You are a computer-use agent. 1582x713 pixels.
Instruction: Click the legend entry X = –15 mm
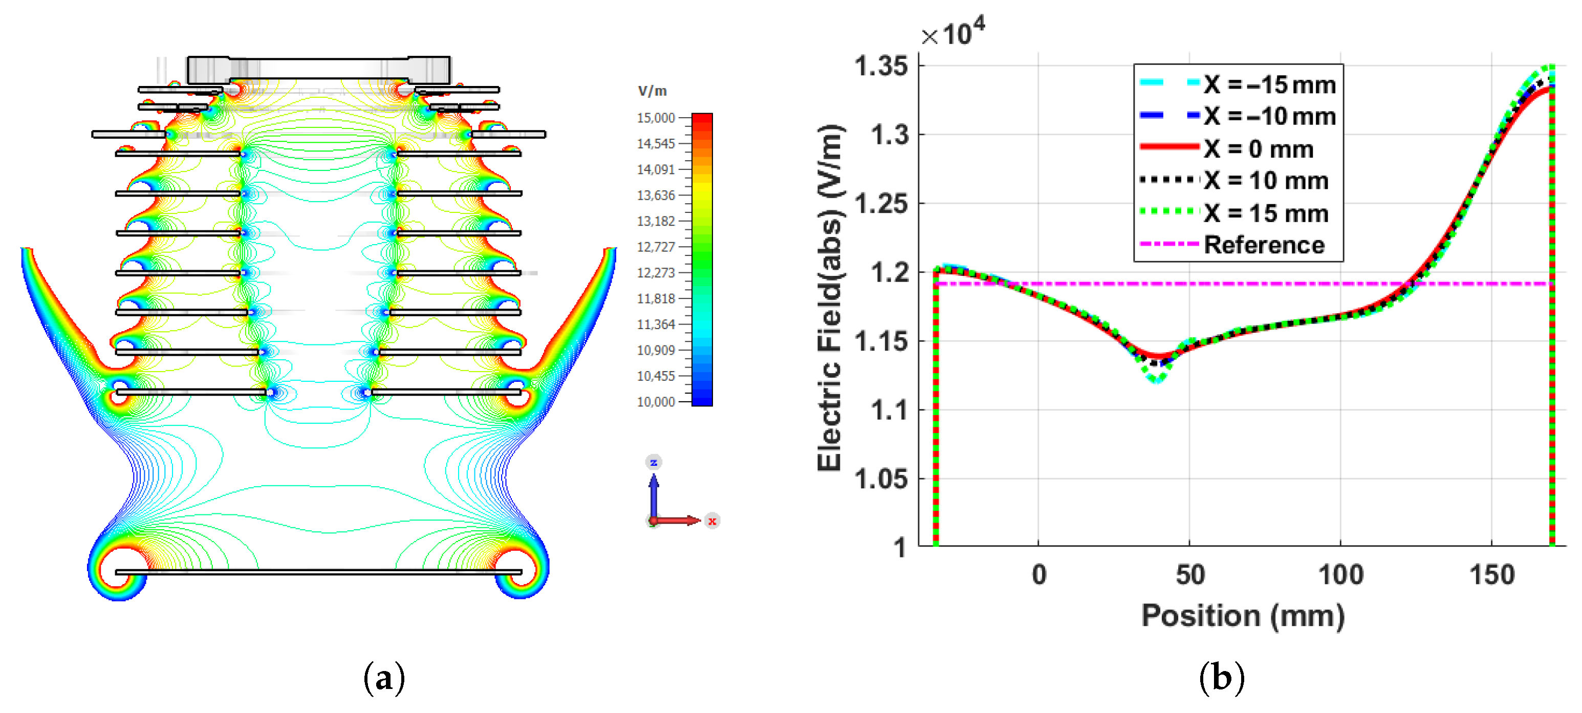pos(1238,84)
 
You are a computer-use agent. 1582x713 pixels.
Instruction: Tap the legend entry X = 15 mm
pos(1234,212)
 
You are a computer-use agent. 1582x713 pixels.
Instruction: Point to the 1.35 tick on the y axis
pos(881,66)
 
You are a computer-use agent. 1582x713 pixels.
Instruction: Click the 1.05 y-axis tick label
pos(881,479)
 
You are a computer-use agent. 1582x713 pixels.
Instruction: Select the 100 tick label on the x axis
pos(1340,575)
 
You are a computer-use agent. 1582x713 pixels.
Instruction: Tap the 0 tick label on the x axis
pos(1039,575)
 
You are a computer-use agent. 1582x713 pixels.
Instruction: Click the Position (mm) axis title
pos(1243,616)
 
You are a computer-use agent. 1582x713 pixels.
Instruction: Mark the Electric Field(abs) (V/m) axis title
pos(830,298)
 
